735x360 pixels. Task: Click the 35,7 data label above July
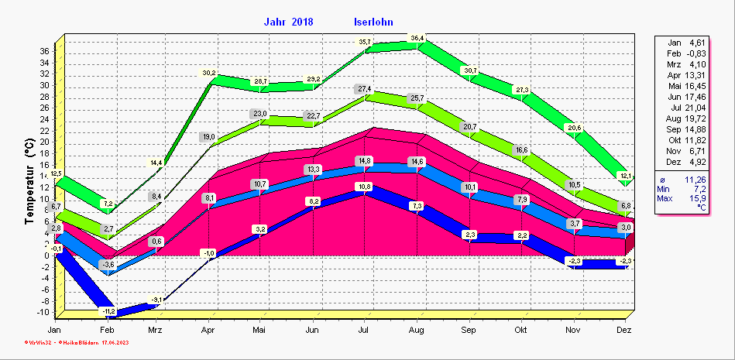[364, 41]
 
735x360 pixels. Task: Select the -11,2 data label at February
[108, 311]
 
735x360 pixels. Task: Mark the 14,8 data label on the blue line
[364, 160]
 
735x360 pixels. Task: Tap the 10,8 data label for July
[364, 187]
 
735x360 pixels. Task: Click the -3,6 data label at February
[108, 265]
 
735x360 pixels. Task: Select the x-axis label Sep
[469, 331]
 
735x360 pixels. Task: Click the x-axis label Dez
[625, 331]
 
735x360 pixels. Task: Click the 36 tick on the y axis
[44, 51]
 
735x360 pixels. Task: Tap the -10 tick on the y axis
[43, 312]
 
